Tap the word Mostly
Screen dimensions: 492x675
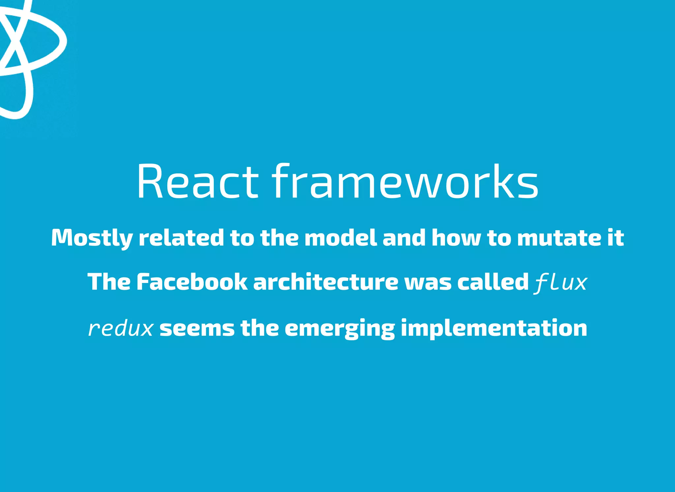(92, 238)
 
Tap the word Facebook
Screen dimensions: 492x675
(191, 282)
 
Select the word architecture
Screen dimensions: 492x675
(326, 282)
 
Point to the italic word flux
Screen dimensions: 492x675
(561, 283)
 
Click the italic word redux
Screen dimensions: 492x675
(121, 329)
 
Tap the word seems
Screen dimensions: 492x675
(197, 329)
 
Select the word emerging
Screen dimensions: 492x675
(339, 329)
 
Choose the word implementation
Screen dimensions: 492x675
(494, 329)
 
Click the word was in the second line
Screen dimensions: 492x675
(428, 283)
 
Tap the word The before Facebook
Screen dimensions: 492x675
(109, 282)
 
